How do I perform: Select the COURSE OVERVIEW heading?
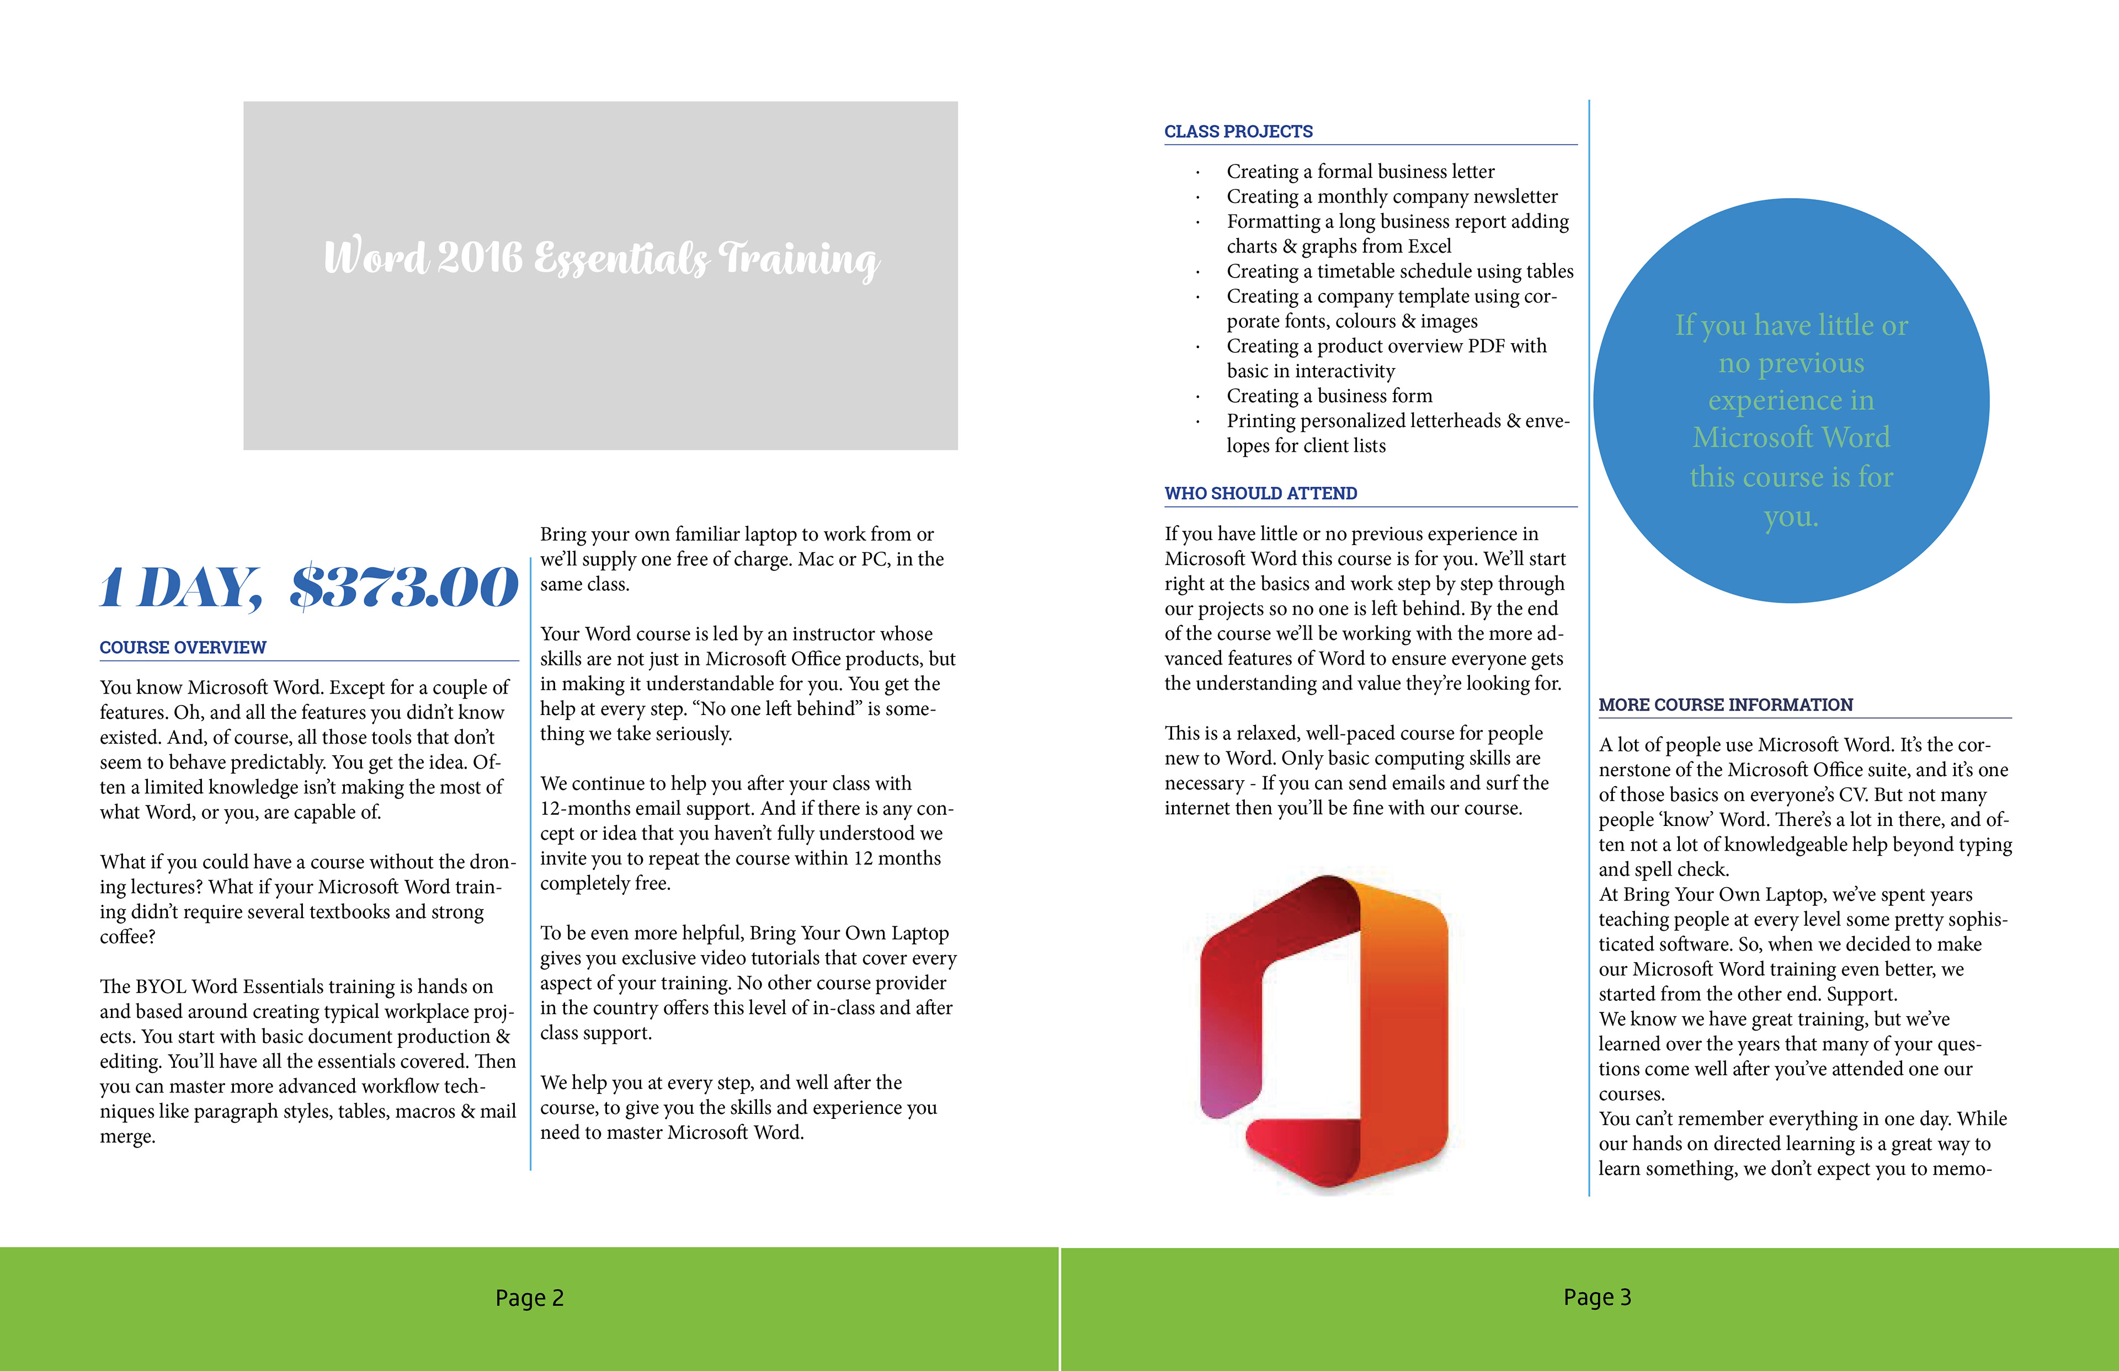pyautogui.click(x=183, y=647)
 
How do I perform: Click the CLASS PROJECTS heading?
pyautogui.click(x=1238, y=132)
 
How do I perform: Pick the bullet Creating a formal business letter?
pyautogui.click(x=1360, y=171)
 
